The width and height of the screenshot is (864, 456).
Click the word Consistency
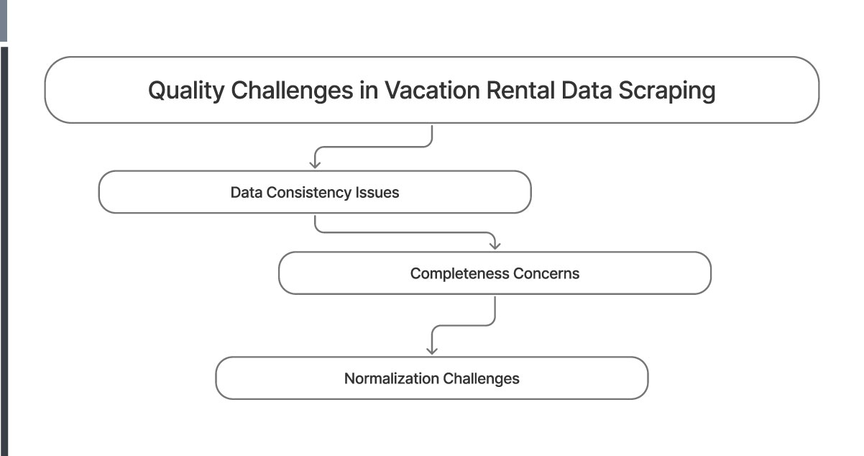click(309, 193)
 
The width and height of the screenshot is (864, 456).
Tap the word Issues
click(377, 193)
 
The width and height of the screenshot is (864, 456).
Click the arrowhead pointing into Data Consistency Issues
click(315, 165)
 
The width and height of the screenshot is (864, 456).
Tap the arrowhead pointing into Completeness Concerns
click(495, 246)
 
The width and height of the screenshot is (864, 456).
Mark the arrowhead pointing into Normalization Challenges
click(431, 350)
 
